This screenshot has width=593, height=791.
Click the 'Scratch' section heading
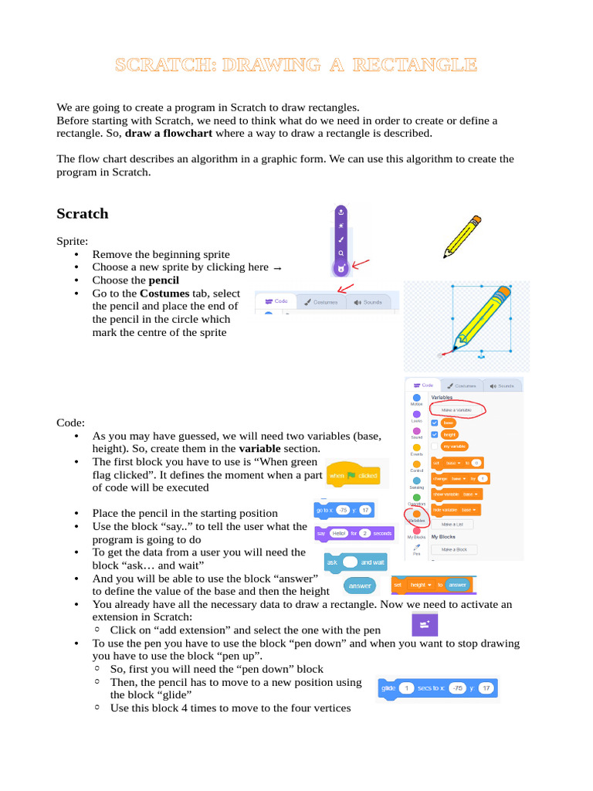click(x=83, y=214)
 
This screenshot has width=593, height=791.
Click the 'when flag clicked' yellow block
click(x=352, y=476)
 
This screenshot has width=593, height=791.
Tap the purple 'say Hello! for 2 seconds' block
click(x=354, y=533)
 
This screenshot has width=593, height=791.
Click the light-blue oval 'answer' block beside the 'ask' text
click(x=359, y=586)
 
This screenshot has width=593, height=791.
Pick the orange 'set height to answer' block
click(x=432, y=585)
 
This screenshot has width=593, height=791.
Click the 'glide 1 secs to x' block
click(x=437, y=687)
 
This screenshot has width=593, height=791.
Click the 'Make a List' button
click(x=453, y=524)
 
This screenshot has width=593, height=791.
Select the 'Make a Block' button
click(x=453, y=549)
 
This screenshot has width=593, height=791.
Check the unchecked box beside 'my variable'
click(x=435, y=446)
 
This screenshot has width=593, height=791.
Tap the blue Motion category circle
click(x=417, y=397)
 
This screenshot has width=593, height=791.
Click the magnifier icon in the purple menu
click(x=341, y=253)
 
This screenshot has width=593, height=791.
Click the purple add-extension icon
click(x=424, y=623)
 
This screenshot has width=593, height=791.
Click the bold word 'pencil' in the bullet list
click(x=164, y=280)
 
